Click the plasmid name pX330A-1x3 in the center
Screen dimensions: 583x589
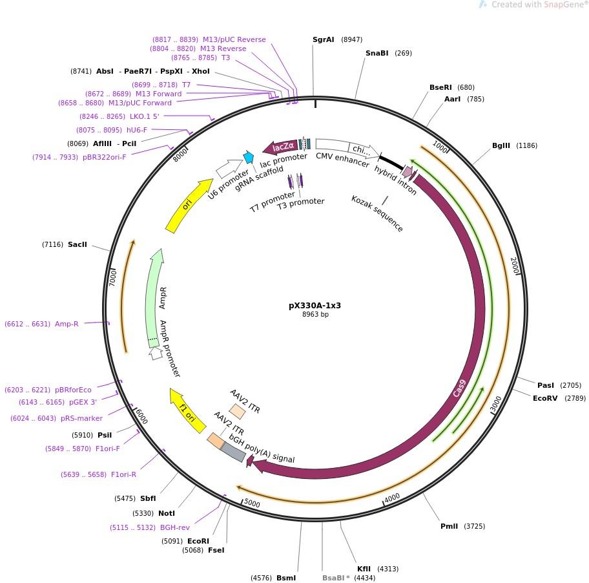[315, 305]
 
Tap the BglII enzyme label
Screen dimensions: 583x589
[501, 145]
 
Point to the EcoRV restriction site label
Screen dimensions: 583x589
[545, 398]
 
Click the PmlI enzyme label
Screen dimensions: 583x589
[449, 526]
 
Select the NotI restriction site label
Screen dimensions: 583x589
[167, 513]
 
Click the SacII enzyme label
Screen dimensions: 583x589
[77, 244]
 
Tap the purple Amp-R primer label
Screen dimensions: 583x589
[67, 324]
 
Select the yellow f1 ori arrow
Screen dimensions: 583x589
[187, 410]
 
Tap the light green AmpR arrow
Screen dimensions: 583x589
[156, 295]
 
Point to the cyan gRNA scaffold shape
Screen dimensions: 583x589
[248, 158]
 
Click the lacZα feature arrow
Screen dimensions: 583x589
[280, 147]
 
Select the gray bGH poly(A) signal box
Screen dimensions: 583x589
[234, 452]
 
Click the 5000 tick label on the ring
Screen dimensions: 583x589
[252, 503]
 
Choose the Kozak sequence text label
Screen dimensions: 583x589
[377, 213]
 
